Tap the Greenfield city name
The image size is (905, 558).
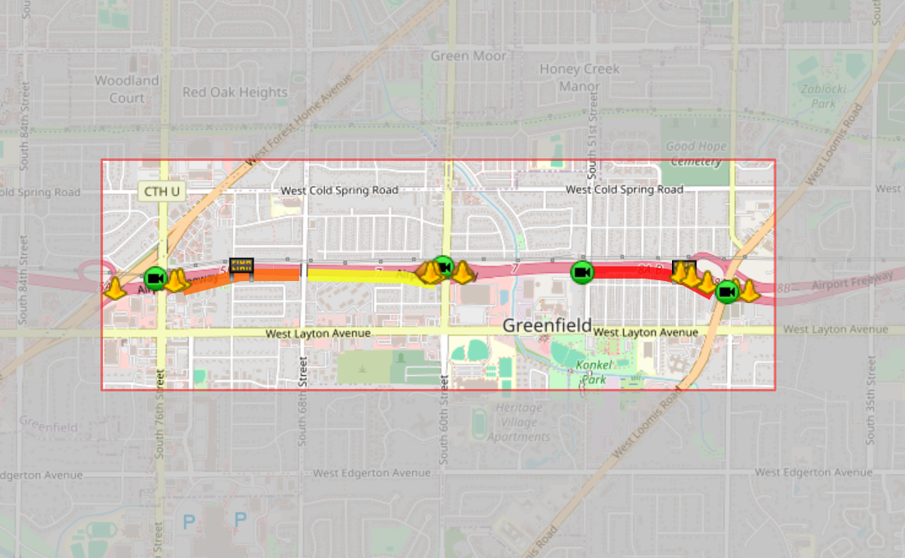[x=546, y=325]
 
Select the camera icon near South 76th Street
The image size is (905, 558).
[x=155, y=279]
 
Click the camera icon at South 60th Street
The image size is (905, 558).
[x=443, y=266]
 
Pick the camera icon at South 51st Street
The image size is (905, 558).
[x=582, y=272]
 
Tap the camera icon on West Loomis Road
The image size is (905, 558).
[x=726, y=291]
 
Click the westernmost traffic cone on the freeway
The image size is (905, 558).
[x=115, y=288]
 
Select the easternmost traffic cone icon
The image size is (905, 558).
[x=749, y=291]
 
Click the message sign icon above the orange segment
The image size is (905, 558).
[x=241, y=266]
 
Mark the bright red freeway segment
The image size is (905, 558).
[x=629, y=271]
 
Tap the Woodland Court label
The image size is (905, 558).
[x=127, y=89]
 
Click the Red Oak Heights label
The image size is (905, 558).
[x=235, y=92]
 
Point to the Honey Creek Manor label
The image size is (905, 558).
[x=580, y=77]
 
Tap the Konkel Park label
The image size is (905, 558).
[x=594, y=372]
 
